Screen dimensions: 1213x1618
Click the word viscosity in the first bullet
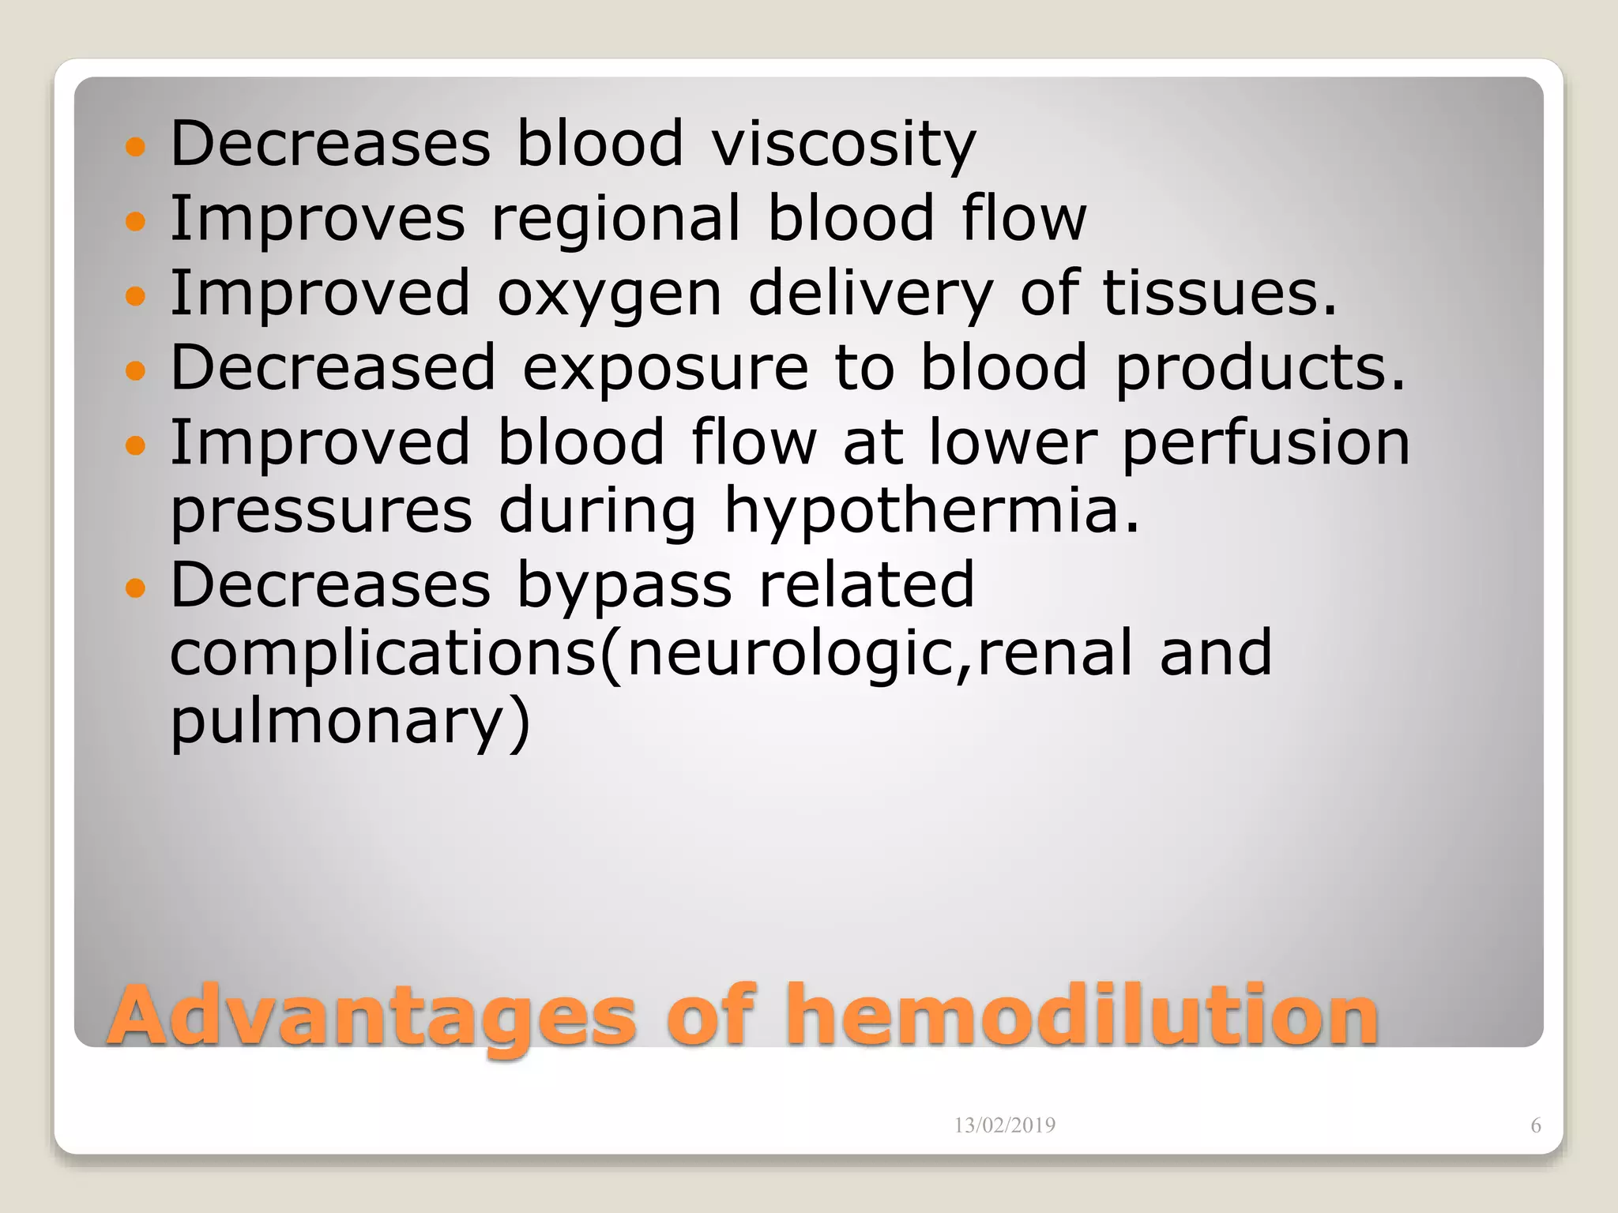(x=844, y=145)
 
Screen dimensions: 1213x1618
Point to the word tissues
(x=1219, y=293)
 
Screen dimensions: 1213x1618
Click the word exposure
(x=665, y=369)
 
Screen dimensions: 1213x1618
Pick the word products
(x=1260, y=369)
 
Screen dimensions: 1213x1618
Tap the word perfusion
(x=1266, y=444)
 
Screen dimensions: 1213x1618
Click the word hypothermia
(x=932, y=511)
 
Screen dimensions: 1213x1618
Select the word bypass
(x=624, y=586)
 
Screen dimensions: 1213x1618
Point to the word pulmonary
(x=350, y=721)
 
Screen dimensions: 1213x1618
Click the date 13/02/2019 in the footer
(x=1004, y=1125)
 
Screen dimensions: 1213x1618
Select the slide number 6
(x=1535, y=1125)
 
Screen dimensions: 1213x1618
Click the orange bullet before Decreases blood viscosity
(x=136, y=146)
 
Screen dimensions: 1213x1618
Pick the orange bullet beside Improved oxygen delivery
(x=136, y=296)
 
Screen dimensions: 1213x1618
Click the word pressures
(x=322, y=511)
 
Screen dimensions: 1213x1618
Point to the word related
(x=866, y=586)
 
